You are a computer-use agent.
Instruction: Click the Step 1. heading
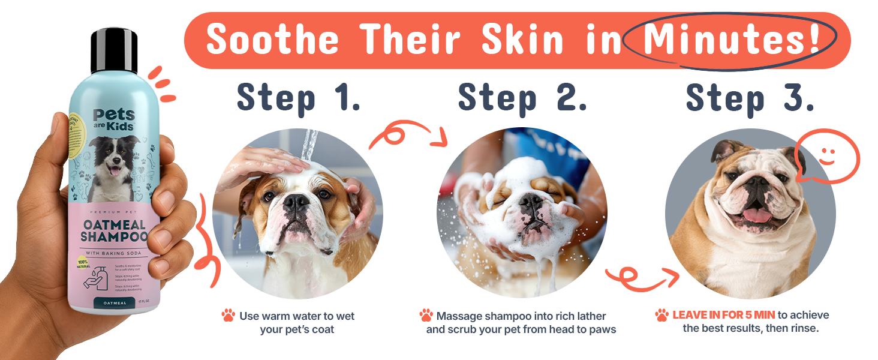pos(298,98)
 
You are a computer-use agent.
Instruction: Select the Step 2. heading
pos(522,98)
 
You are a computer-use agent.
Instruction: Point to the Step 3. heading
pos(750,98)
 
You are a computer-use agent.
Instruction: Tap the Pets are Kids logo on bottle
pos(114,120)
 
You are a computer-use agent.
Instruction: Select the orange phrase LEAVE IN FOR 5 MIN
pos(723,315)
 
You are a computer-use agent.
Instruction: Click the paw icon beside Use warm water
pos(228,316)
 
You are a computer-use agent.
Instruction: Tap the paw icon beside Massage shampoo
pos(426,316)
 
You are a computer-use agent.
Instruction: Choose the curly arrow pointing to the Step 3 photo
pos(642,277)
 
